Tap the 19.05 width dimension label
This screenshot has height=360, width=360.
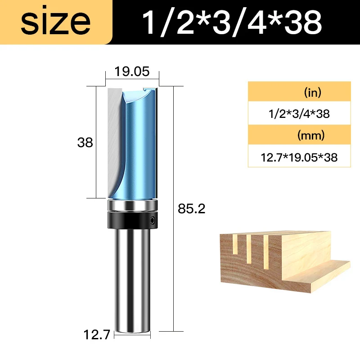(x=131, y=72)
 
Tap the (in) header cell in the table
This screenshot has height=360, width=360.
(x=299, y=93)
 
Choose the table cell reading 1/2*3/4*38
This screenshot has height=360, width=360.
(x=299, y=114)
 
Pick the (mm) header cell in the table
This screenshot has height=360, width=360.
(x=299, y=135)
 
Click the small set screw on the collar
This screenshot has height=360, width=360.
(x=153, y=221)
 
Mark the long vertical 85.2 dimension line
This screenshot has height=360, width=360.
(x=173, y=207)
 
